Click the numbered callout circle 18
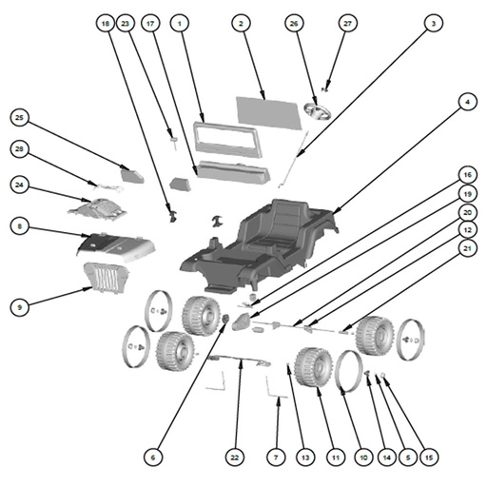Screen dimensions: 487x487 pos(106,23)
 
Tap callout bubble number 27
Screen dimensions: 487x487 pos(348,23)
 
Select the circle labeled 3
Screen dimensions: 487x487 pos(434,23)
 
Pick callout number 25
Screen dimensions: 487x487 pos(19,118)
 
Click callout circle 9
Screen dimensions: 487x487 pos(19,307)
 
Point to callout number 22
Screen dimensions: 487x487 pos(235,458)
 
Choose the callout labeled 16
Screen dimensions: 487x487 pos(468,175)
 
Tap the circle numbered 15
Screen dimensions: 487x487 pos(429,458)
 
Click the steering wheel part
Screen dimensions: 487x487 pos(318,111)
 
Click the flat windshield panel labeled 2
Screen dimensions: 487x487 pos(269,113)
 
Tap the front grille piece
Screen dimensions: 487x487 pos(106,278)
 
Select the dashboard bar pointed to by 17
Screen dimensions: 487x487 pos(233,172)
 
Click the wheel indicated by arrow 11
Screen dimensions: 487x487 pos(313,367)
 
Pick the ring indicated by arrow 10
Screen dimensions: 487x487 pos(349,371)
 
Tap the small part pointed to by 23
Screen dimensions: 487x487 pos(173,140)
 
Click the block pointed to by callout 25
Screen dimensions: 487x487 pos(132,176)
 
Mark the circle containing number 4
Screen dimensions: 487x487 pos(468,102)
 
